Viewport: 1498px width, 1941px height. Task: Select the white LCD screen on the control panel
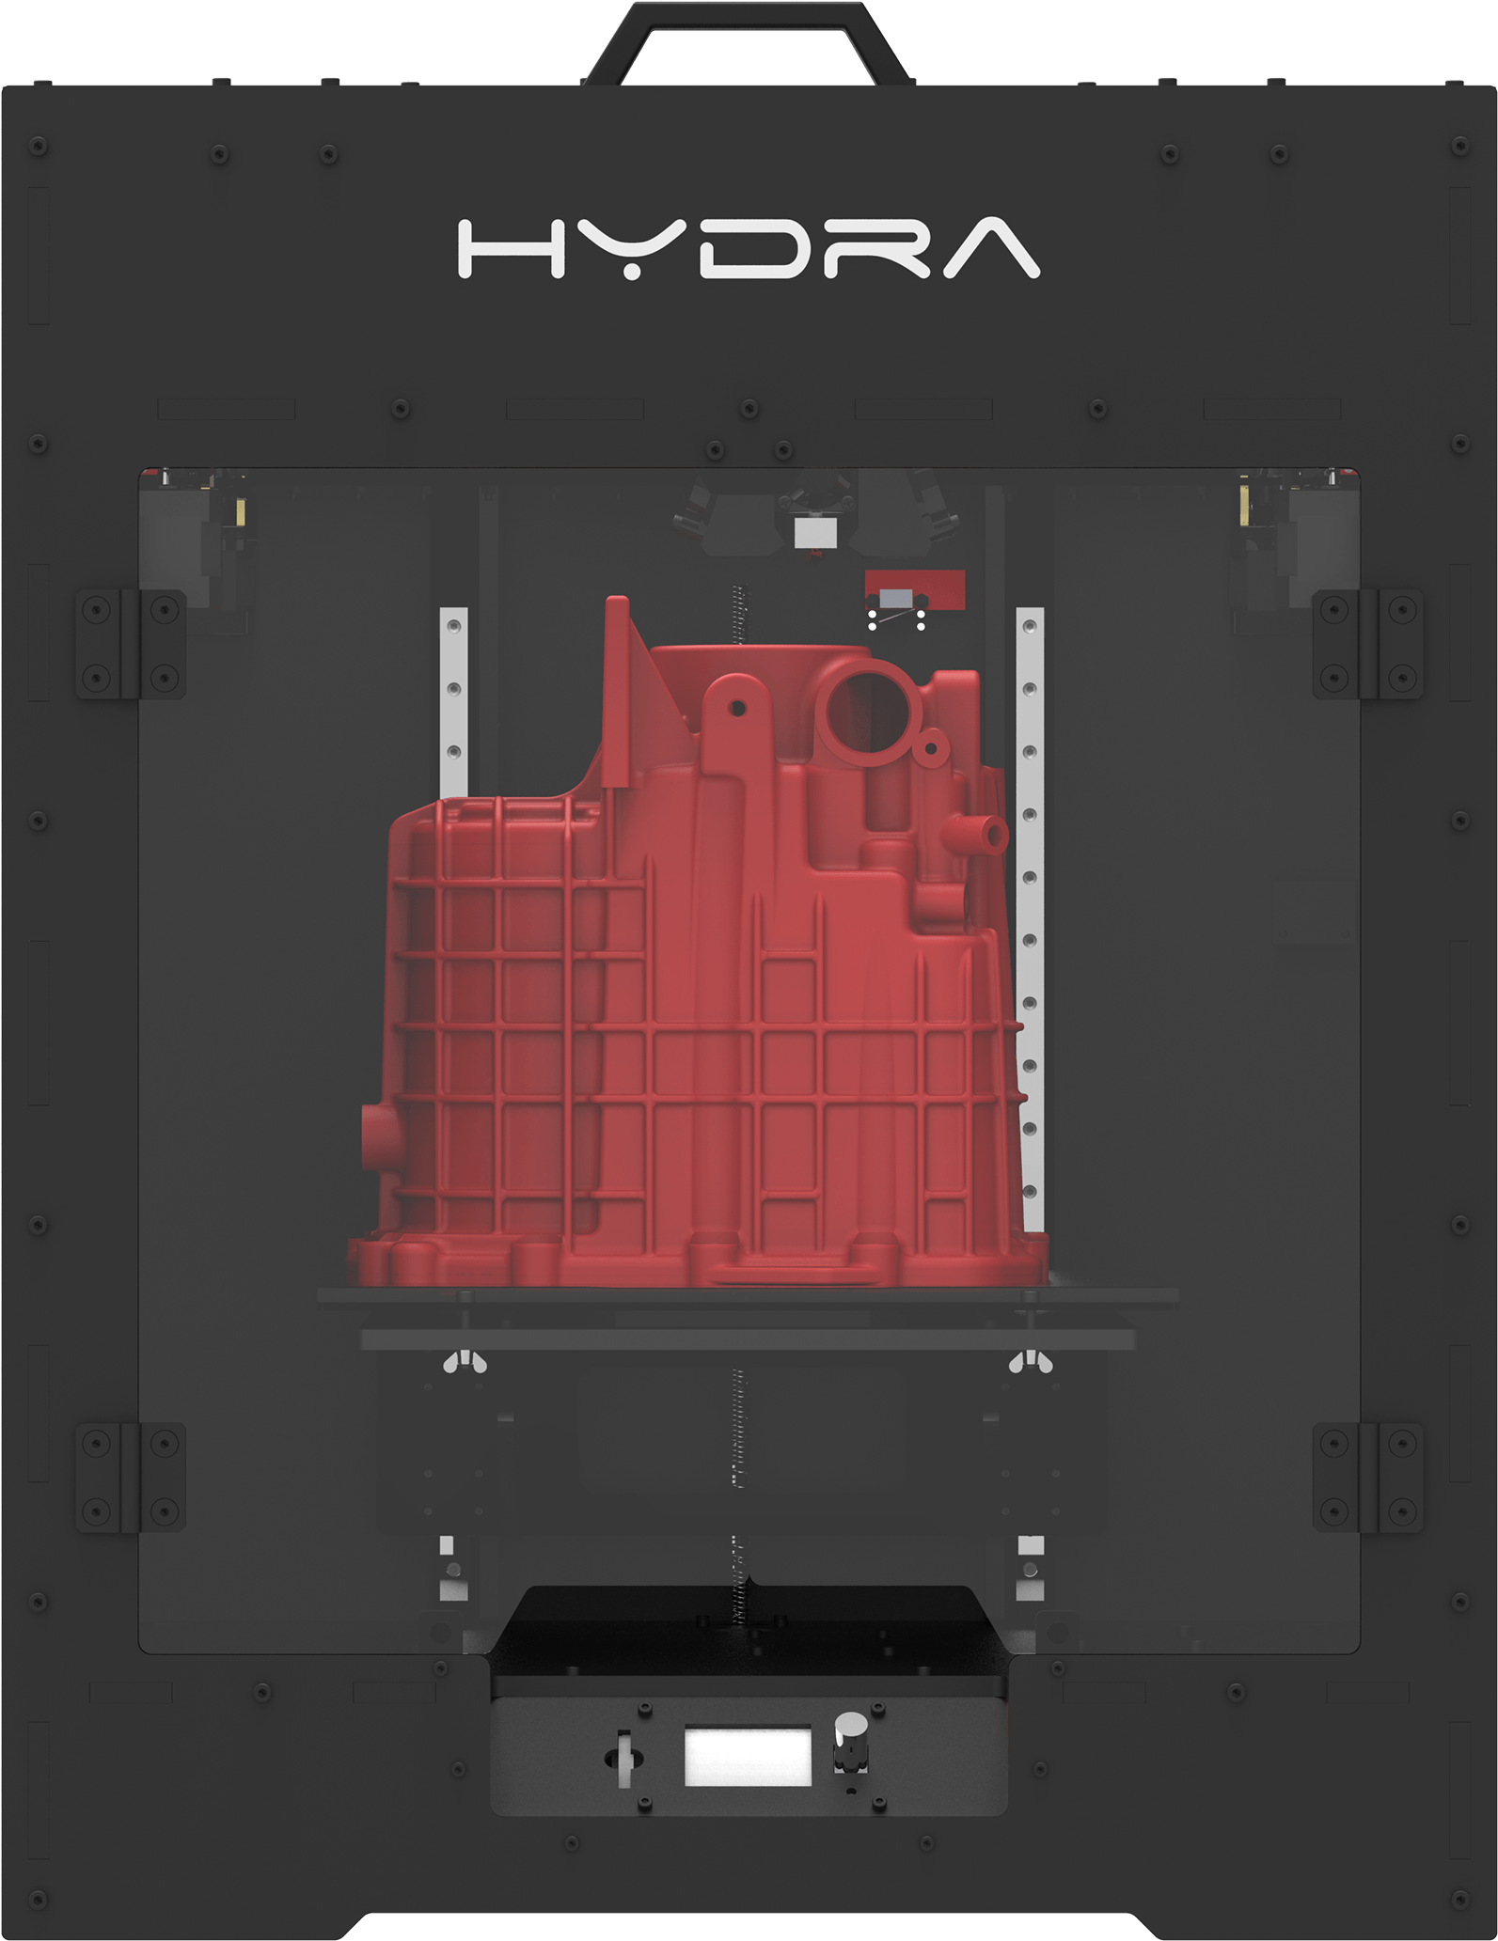click(748, 1755)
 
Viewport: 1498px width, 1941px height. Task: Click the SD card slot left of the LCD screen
click(624, 1756)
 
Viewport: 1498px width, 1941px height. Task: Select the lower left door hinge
click(131, 1477)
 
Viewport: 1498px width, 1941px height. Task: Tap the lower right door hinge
click(1367, 1477)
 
